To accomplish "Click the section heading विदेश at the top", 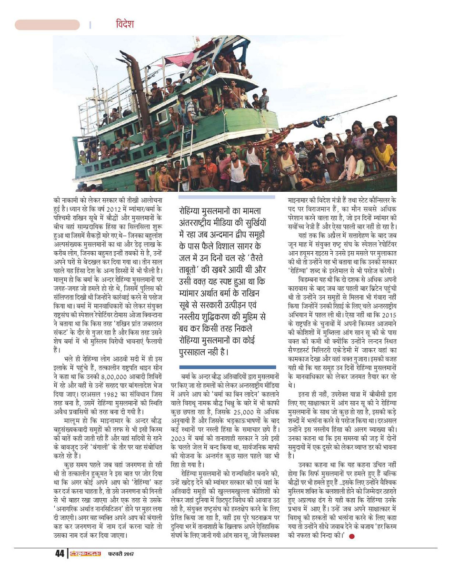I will [x=125, y=24].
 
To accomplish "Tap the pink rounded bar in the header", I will [x=47, y=25].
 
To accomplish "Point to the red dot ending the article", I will [x=352, y=536].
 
